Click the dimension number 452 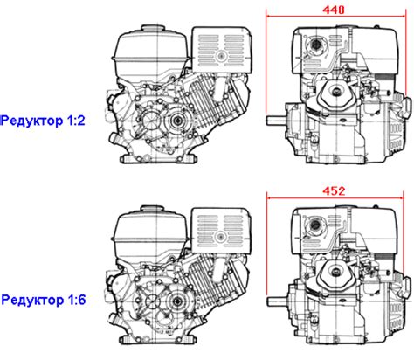[335, 190]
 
